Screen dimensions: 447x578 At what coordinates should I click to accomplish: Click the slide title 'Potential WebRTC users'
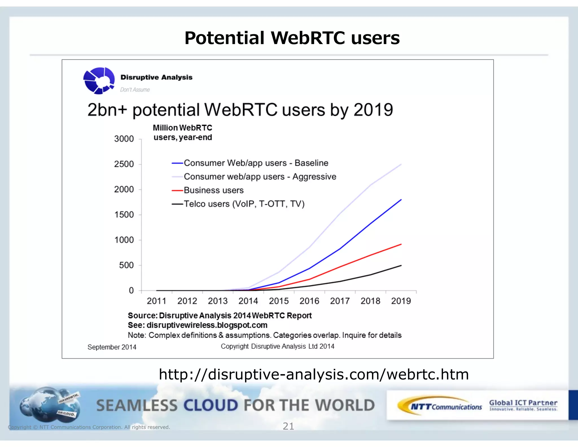pos(292,38)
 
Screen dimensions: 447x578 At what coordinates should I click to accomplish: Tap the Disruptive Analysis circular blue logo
pos(99,81)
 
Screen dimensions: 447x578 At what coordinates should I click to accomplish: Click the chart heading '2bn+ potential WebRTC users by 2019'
pos(240,110)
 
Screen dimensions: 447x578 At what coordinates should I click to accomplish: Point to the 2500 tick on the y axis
pos(124,164)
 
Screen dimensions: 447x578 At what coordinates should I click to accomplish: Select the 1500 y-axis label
pos(124,215)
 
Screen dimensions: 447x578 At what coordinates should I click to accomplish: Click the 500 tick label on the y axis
pos(126,265)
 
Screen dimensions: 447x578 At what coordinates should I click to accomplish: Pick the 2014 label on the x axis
pos(248,301)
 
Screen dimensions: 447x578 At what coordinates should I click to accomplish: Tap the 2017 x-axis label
pos(340,301)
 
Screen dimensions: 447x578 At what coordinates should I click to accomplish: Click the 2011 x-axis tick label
pos(156,301)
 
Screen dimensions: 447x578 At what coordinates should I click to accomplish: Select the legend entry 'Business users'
pos(213,190)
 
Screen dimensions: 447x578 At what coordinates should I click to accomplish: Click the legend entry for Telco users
pos(244,204)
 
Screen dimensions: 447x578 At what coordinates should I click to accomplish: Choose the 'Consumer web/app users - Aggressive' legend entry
pos(260,177)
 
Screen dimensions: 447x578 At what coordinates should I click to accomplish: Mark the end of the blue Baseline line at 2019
pos(401,200)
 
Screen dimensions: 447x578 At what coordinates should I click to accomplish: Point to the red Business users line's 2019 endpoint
pos(401,244)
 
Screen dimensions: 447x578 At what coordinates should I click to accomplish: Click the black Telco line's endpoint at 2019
pos(401,265)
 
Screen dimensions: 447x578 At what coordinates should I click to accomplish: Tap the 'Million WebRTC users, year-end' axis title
pos(183,133)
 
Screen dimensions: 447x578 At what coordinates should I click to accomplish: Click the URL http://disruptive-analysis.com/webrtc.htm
pos(314,374)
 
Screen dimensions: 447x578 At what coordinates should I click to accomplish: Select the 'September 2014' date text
pos(112,347)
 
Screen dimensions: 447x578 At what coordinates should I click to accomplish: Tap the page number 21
pos(288,426)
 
